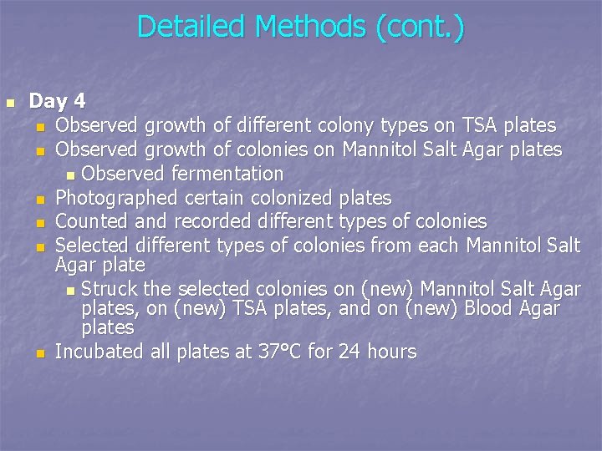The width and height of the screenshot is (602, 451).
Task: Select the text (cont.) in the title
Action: click(x=420, y=27)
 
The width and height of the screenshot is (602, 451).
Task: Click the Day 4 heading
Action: click(x=57, y=102)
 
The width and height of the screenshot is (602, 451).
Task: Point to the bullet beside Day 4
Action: click(x=10, y=103)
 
